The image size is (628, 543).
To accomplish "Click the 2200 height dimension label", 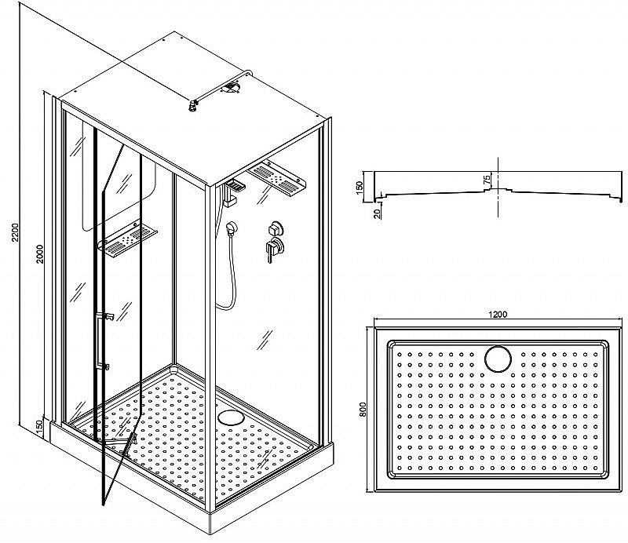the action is (15, 233).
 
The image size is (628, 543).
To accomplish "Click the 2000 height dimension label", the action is (40, 254).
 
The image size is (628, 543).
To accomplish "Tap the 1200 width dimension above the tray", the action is (498, 315).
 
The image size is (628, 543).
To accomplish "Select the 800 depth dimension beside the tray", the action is (363, 410).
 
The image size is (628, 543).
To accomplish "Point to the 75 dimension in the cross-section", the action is (487, 180).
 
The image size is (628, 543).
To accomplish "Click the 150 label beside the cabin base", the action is (39, 427).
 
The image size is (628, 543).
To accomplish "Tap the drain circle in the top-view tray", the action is (498, 359).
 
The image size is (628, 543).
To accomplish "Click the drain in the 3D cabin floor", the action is (231, 417).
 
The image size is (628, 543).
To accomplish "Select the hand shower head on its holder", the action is (232, 228).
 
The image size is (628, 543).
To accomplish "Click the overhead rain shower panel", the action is (277, 178).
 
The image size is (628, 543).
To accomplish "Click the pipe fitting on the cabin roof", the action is (194, 105).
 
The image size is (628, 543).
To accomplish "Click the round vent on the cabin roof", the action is (232, 87).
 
